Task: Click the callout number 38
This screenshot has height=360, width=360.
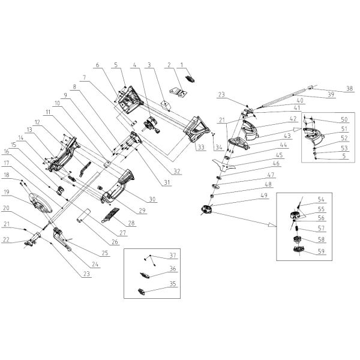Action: (349, 88)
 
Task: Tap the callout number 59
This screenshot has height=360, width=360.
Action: (321, 251)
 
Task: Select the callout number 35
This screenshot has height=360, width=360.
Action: (173, 284)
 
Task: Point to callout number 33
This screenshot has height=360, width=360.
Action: (201, 147)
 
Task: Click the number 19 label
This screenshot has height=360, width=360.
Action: (7, 192)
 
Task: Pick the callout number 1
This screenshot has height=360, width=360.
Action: (182, 65)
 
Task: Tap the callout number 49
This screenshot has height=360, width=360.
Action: (264, 195)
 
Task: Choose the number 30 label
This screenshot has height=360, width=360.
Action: (152, 199)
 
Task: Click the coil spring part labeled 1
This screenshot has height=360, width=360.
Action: (190, 79)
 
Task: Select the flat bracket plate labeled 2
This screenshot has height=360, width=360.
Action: (178, 93)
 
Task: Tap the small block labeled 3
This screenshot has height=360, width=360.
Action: (165, 105)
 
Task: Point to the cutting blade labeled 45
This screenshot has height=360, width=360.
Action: (224, 164)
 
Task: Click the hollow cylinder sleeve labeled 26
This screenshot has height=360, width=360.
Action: (83, 217)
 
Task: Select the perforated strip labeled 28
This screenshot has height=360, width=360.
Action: (110, 214)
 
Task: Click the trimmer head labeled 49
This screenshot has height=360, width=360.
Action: (206, 209)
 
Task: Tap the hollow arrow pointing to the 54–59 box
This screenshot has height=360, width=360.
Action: (272, 225)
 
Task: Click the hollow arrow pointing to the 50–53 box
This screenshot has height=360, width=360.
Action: (298, 129)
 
